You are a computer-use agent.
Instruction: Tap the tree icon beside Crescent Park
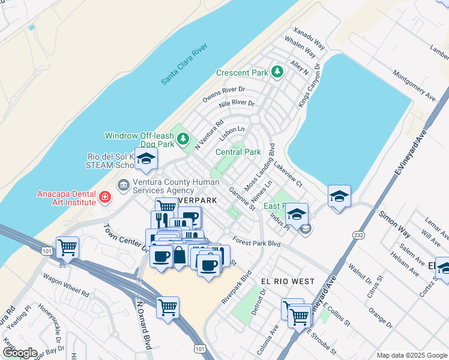[277, 72]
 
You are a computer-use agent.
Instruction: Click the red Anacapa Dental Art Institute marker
[104, 197]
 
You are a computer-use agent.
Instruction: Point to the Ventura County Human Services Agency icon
[124, 185]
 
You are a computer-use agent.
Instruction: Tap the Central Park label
[238, 152]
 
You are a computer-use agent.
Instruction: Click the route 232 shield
[359, 234]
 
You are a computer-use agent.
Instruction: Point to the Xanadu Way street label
[309, 38]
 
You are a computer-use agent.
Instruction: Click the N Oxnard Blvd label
[143, 324]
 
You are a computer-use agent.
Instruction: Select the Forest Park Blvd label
[257, 243]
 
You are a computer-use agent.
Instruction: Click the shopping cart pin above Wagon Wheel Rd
[67, 246]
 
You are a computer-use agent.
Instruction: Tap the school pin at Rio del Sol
[145, 160]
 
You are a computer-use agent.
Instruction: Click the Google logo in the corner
[20, 352]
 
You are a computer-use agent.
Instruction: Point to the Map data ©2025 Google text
[411, 355]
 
